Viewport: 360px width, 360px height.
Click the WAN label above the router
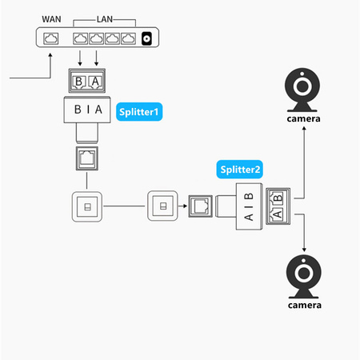pos(52,18)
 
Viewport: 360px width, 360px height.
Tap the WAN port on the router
pos(53,38)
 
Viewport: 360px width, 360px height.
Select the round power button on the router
pos(146,38)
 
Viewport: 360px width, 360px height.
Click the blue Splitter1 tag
pos(139,112)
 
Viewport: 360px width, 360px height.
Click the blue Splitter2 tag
pos(240,170)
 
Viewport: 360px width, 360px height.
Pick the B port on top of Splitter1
pos(78,82)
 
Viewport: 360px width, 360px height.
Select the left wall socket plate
pos(86,206)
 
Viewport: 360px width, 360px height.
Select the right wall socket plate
pos(162,206)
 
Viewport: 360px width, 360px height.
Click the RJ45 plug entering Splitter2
pos(199,207)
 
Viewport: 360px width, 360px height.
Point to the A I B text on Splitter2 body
pos(248,207)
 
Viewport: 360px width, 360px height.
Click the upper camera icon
pos(303,90)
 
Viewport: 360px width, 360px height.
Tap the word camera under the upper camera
pos(303,119)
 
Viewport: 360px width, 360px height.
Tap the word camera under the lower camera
pos(303,306)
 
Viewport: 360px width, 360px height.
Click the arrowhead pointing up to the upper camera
pos(303,130)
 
